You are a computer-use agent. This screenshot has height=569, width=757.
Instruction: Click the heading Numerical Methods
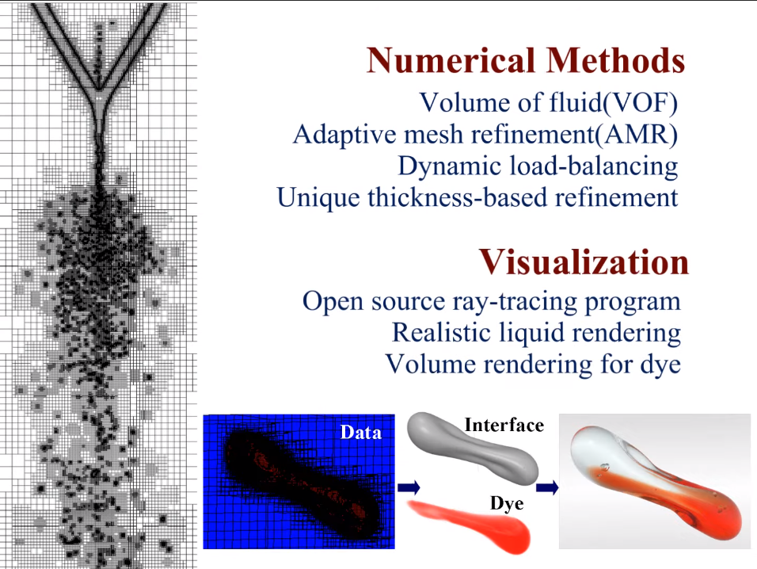point(526,60)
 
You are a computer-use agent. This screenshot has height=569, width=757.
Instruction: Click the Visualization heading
point(584,262)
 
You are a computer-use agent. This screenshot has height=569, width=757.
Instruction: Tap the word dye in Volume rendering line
point(660,365)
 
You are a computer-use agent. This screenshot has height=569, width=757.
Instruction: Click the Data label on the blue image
point(360,433)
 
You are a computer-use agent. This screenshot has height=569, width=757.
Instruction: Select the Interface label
point(504,425)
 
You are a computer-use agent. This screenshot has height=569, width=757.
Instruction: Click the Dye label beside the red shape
point(507,504)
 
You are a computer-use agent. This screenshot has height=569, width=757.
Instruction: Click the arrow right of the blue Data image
point(409,487)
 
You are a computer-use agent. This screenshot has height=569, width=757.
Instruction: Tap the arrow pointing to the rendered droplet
point(547,487)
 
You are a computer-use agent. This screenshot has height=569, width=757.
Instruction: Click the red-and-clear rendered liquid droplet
point(656,483)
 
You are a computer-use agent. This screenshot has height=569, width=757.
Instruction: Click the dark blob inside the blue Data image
point(300,484)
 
